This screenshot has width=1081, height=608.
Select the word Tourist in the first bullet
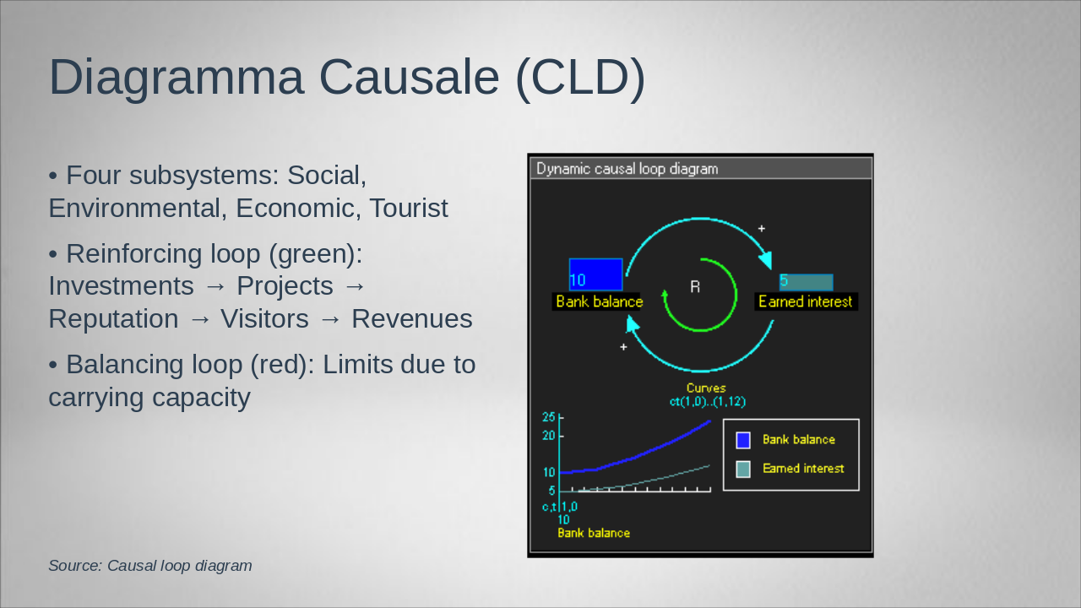click(x=409, y=208)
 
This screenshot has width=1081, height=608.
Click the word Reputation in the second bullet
click(x=113, y=319)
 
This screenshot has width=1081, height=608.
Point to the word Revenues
click(x=411, y=319)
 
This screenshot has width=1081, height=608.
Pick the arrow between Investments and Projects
click(x=215, y=286)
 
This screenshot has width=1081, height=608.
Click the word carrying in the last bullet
click(x=96, y=399)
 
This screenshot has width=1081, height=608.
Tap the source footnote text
click(x=150, y=566)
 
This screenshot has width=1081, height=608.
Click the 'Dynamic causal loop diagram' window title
click(x=627, y=169)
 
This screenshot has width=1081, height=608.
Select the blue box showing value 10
click(x=595, y=274)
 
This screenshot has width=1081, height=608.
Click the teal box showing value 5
click(x=806, y=282)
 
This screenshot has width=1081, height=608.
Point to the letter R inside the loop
click(x=695, y=287)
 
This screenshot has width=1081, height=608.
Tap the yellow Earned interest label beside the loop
click(x=806, y=301)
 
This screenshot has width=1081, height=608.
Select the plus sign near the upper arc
click(x=762, y=228)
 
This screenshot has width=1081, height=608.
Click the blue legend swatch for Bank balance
click(x=743, y=440)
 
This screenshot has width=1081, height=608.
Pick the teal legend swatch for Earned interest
click(x=743, y=469)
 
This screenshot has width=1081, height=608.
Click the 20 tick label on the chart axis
click(x=549, y=436)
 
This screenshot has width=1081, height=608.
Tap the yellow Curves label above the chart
click(x=706, y=388)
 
